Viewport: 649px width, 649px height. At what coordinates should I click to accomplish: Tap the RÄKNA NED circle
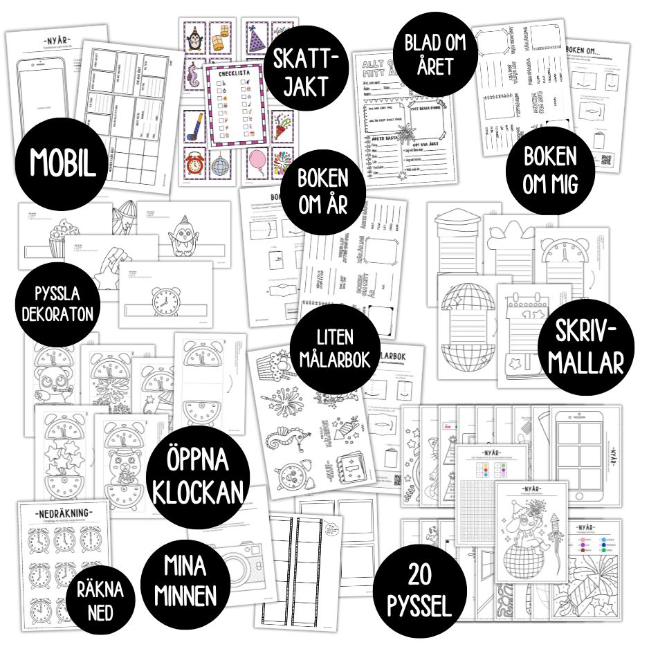(x=100, y=599)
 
